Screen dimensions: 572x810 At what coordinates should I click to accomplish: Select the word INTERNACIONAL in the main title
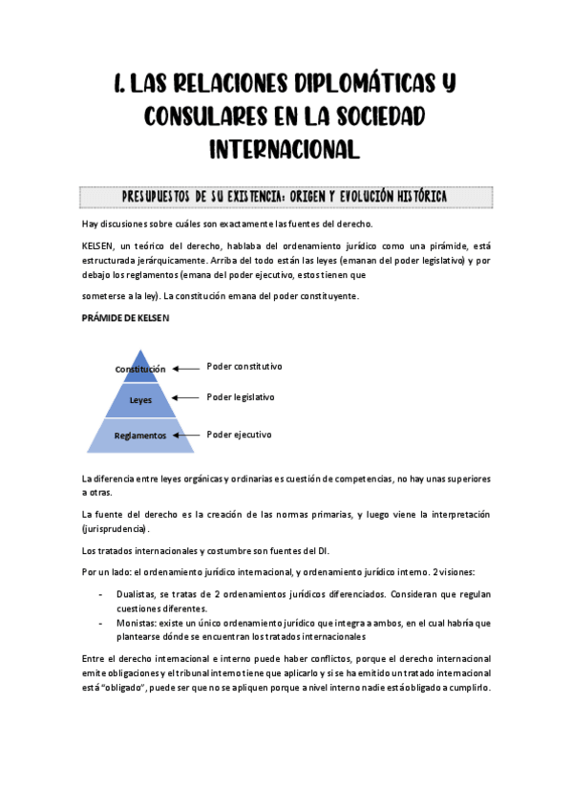click(x=285, y=148)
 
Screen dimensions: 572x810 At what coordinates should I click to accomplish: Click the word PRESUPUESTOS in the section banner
click(x=157, y=197)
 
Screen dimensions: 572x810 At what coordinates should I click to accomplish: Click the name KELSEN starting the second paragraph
click(x=98, y=245)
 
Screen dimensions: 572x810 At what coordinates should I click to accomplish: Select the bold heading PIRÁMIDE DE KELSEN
click(x=125, y=319)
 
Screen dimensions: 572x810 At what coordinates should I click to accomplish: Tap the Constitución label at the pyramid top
click(x=140, y=369)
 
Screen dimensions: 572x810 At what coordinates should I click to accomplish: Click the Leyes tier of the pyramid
click(x=140, y=400)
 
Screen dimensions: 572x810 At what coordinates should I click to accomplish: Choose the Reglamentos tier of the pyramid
click(x=140, y=436)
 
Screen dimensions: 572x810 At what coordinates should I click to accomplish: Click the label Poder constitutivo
click(x=244, y=367)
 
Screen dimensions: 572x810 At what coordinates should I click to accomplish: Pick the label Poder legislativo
click(x=241, y=396)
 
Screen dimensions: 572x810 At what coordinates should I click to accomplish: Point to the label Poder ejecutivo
click(x=239, y=435)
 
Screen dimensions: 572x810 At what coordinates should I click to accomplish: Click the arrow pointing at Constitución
click(x=186, y=367)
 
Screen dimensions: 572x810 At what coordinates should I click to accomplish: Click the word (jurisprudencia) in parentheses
click(x=116, y=528)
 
